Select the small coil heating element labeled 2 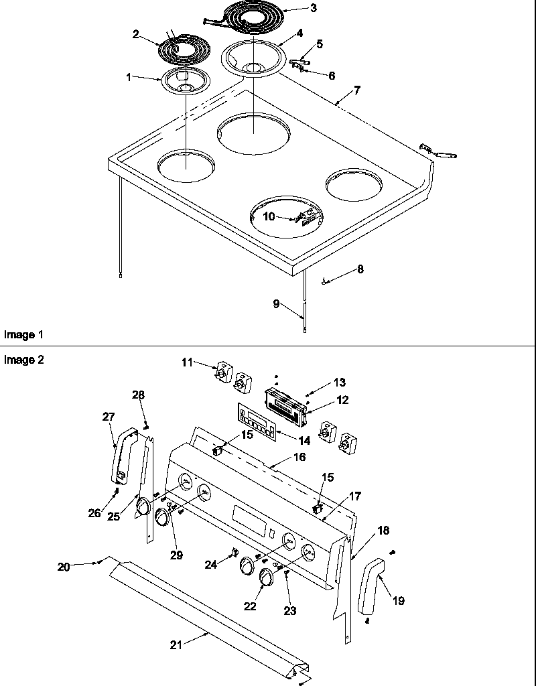(x=183, y=48)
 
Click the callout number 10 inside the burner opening (x=269, y=216)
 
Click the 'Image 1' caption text (x=19, y=334)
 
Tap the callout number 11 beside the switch (x=186, y=362)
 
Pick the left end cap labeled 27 (x=123, y=456)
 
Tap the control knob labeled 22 (x=267, y=576)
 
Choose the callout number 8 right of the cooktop (x=360, y=269)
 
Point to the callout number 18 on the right (x=383, y=530)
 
